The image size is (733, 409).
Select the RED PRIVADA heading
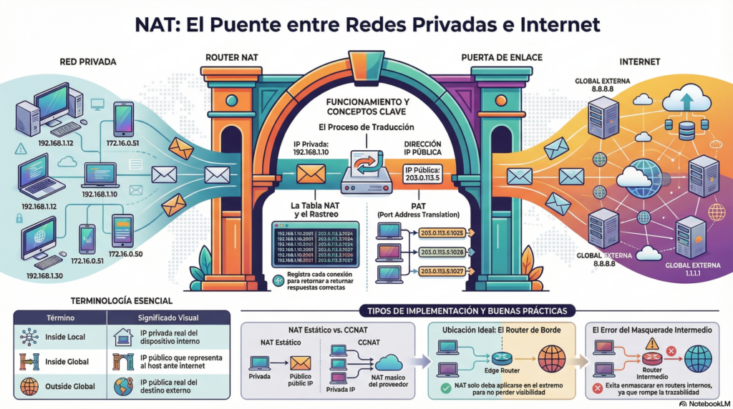tap(88, 61)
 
